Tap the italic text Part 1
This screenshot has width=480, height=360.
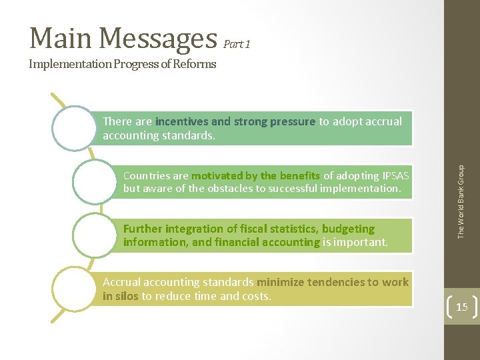click(x=237, y=45)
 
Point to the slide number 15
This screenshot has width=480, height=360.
click(x=461, y=307)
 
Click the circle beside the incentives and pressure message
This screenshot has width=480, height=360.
click(x=75, y=128)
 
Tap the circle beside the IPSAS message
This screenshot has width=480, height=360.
click(x=95, y=181)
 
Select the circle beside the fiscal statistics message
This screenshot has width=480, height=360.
click(x=95, y=235)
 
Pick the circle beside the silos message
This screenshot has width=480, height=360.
click(x=75, y=288)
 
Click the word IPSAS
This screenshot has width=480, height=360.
click(x=396, y=175)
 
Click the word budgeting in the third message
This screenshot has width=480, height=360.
click(x=348, y=229)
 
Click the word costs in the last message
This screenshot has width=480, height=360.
click(x=256, y=296)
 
